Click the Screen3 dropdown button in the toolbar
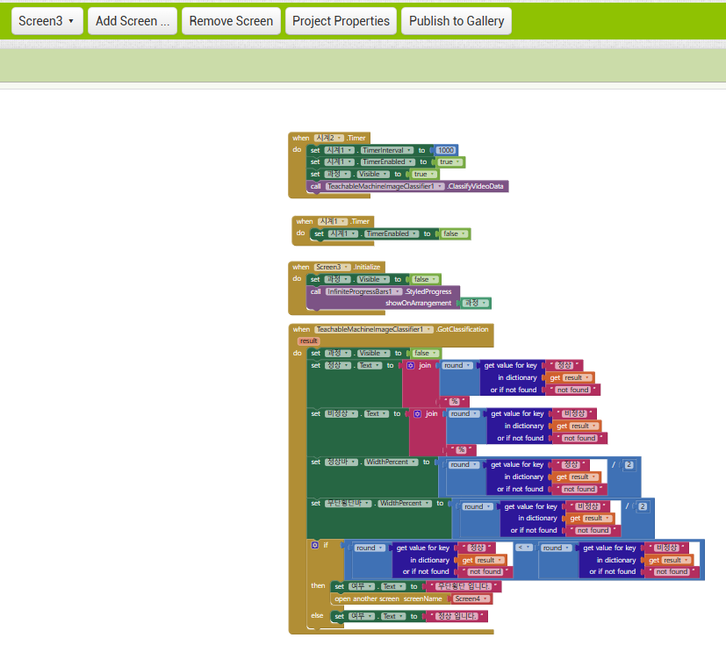point(47,21)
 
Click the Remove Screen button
point(231,21)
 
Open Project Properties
point(341,21)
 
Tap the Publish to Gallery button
point(456,21)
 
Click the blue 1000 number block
point(446,150)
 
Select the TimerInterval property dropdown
point(387,150)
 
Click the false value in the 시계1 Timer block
point(455,234)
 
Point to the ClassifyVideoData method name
point(477,186)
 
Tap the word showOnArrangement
point(418,303)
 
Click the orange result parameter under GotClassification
point(308,340)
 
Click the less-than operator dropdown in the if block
point(524,548)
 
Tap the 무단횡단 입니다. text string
point(462,586)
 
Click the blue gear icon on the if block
point(314,545)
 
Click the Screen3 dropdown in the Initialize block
point(333,267)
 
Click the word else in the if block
point(317,616)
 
